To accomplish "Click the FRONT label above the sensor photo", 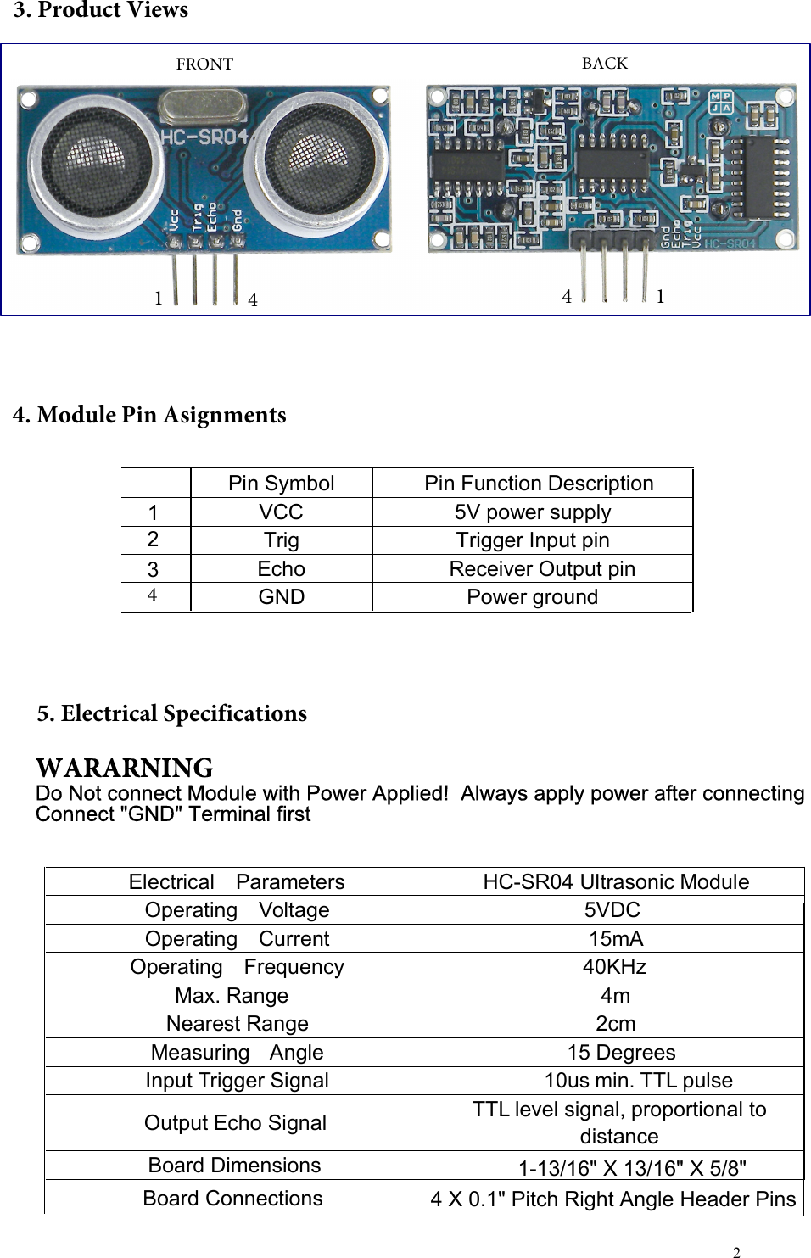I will [x=204, y=64].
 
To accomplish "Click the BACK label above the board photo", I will [x=605, y=63].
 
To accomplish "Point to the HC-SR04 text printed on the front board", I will [x=204, y=138].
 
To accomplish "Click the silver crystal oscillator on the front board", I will [x=204, y=107].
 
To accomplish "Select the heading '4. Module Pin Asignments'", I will [x=149, y=416].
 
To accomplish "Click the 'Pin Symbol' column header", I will [x=281, y=484].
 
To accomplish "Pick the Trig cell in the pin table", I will [x=281, y=540].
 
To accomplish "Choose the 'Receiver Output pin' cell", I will [x=541, y=569].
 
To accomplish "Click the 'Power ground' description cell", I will [x=532, y=597].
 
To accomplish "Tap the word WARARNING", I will [x=124, y=769].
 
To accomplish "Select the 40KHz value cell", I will [x=614, y=967].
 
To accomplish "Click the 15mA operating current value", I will [x=616, y=939].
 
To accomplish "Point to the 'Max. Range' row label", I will [x=232, y=996].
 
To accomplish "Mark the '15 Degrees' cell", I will [x=621, y=1053].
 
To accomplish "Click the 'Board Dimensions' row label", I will [x=234, y=1166].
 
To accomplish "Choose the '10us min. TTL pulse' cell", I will [x=638, y=1081].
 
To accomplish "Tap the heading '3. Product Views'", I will [x=101, y=11].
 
